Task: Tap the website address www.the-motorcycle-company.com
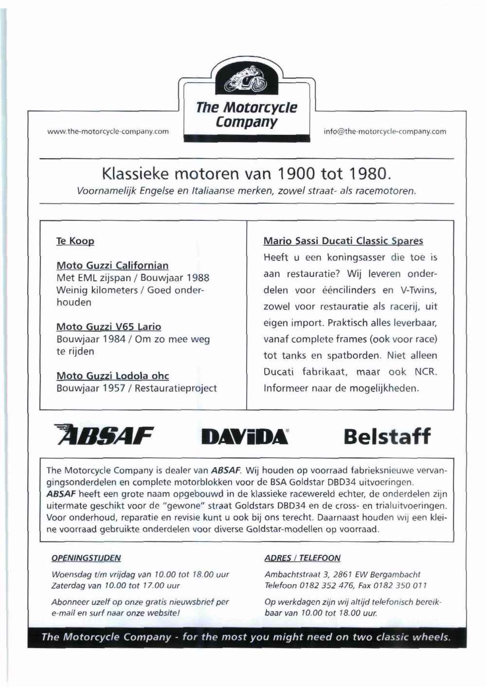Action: coord(108,131)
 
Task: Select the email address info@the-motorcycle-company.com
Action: coord(384,131)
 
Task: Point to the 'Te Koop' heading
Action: coord(75,241)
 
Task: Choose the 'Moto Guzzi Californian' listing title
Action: coord(112,266)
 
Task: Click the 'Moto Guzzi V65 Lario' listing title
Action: coord(108,327)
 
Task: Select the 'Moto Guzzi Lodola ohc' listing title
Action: coord(112,376)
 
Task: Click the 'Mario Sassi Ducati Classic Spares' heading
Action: coord(343,241)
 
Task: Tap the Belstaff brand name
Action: coord(387,436)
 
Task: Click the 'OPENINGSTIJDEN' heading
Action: coord(86,558)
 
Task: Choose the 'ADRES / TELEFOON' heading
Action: coord(302,558)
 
